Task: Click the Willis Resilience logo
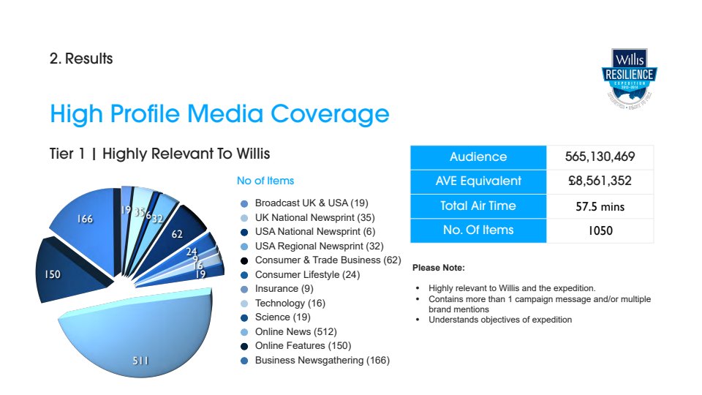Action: pos(630,78)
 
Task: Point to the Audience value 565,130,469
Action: pos(600,157)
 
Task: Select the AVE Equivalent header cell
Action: pos(478,181)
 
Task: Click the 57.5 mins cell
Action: pos(600,206)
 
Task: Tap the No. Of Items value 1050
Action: pos(600,230)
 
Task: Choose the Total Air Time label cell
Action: pos(478,206)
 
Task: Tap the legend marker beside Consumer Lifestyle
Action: pos(244,275)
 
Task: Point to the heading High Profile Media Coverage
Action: pos(219,114)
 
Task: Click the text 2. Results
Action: pos(81,59)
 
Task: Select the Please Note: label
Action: pos(439,268)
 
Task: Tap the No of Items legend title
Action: pos(265,181)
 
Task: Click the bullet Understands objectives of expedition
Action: pos(500,320)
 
